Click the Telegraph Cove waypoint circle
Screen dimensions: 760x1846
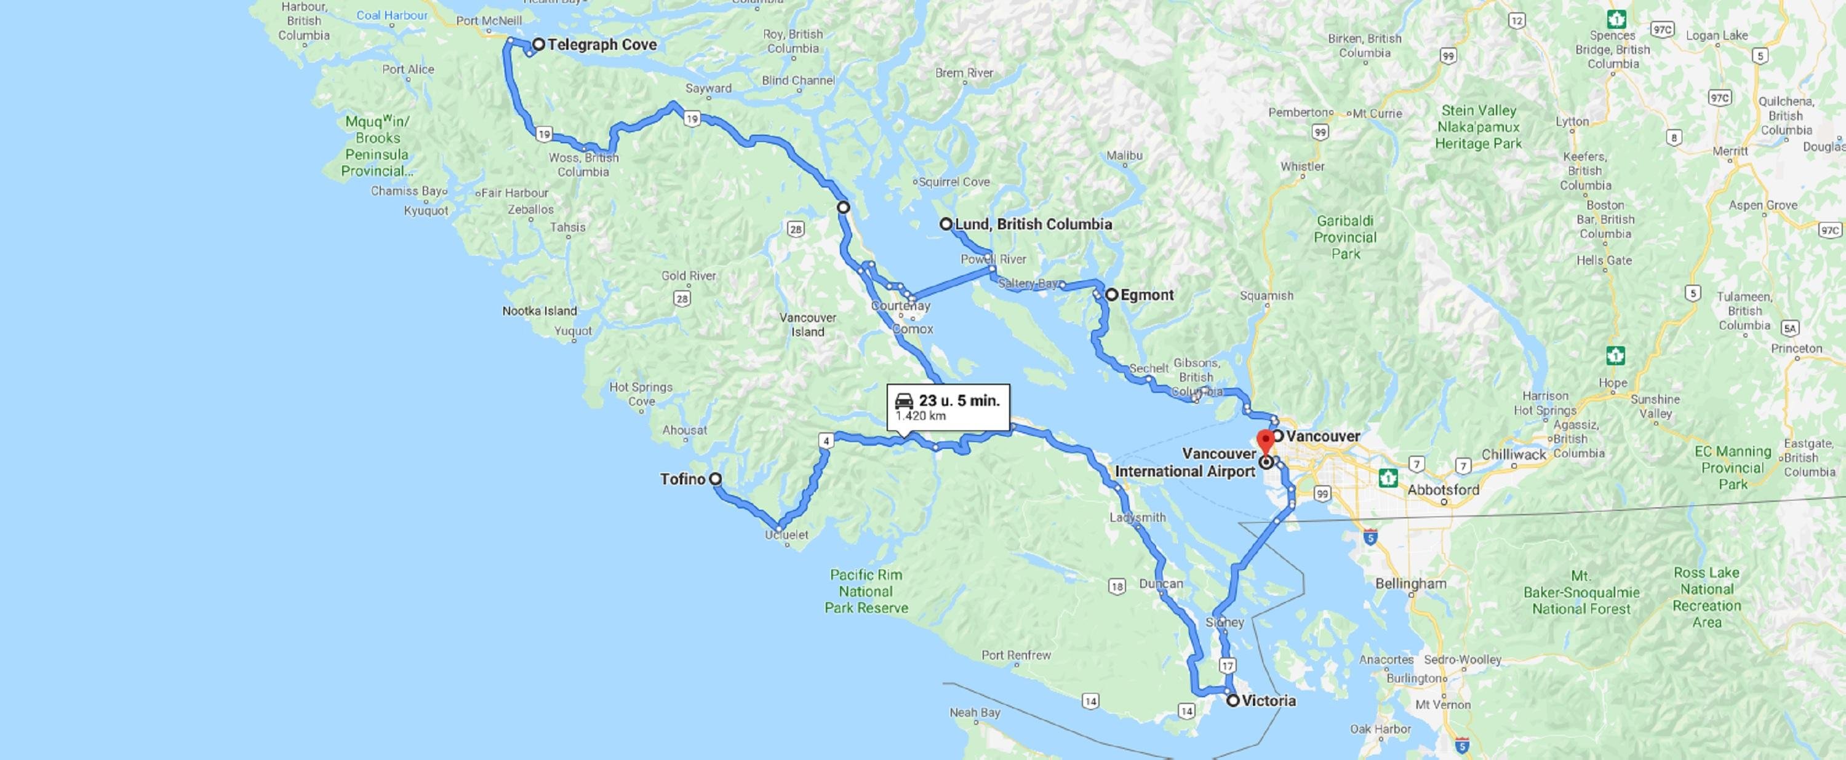pos(538,44)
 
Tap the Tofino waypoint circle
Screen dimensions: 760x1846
pos(715,479)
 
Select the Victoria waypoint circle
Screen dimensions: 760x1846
pos(1233,700)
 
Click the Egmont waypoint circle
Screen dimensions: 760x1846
pos(1111,295)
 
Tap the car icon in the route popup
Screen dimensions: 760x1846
pos(905,400)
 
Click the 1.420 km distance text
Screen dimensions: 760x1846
pos(920,416)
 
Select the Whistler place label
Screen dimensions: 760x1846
pos(1302,166)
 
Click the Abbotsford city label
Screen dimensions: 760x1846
pos(1443,490)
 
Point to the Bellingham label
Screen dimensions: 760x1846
pos(1410,583)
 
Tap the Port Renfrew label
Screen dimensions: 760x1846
pos(1016,655)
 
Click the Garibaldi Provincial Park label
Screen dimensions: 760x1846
pos(1345,237)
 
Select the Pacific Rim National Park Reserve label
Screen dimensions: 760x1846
pos(866,592)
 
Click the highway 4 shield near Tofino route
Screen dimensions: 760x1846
pos(827,440)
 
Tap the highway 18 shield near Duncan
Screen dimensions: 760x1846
pos(1116,587)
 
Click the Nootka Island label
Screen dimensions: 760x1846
pos(539,311)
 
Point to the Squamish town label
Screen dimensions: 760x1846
pos(1266,295)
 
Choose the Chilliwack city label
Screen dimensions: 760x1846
pos(1514,454)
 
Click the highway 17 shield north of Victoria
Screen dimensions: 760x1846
pos(1228,665)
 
